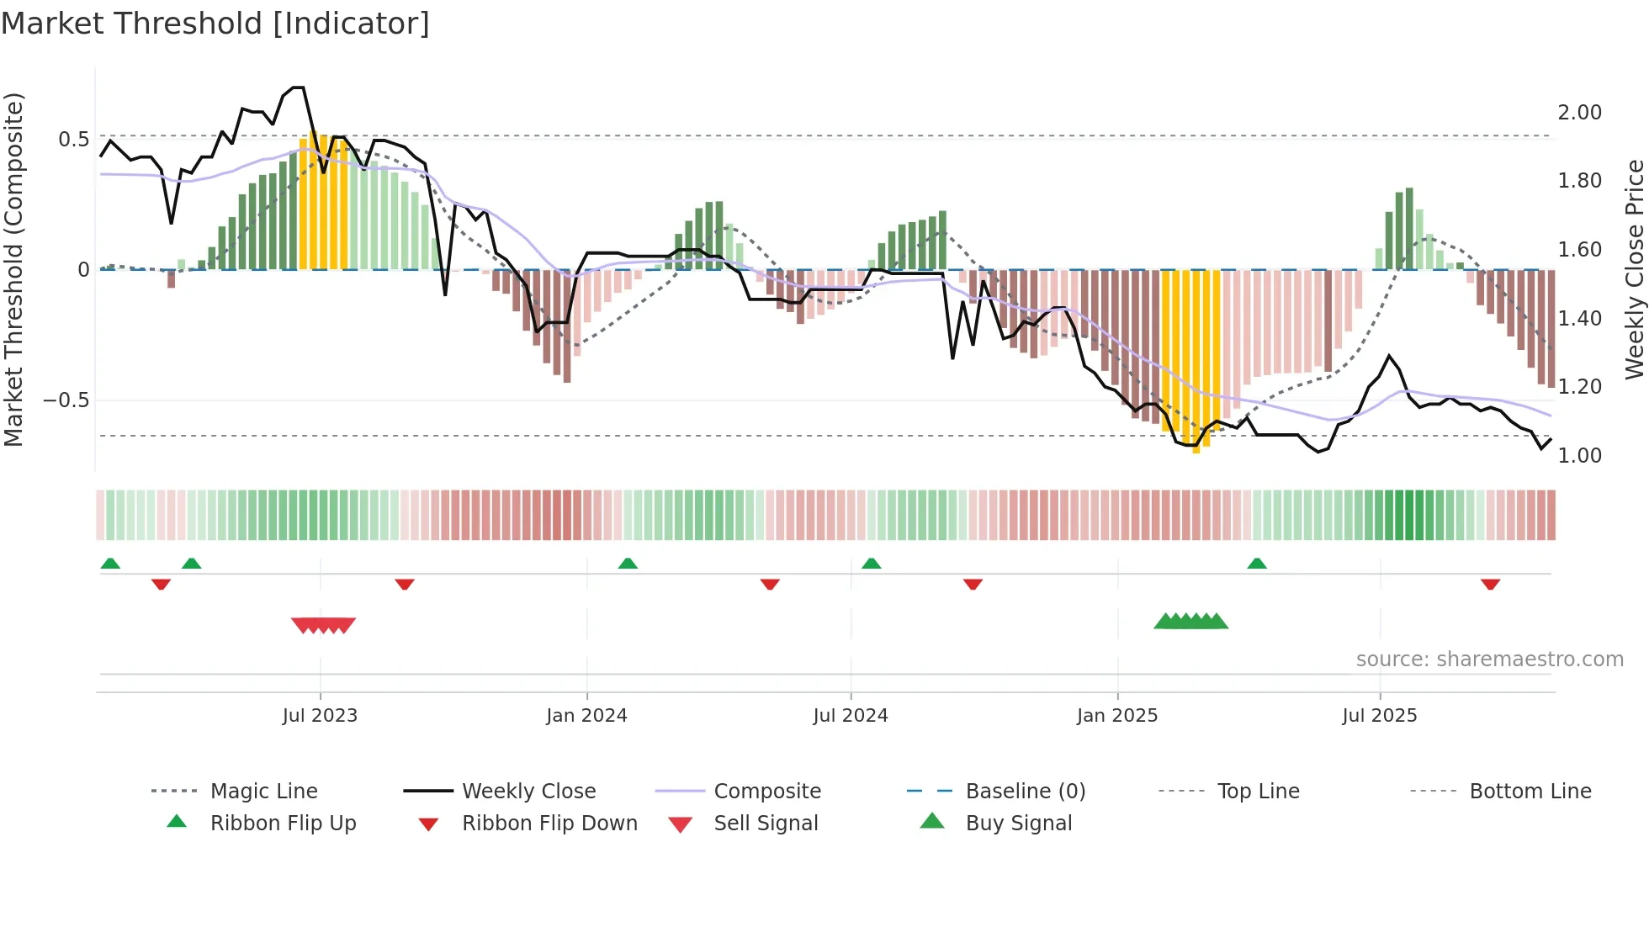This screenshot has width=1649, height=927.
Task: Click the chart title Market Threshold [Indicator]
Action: click(x=215, y=24)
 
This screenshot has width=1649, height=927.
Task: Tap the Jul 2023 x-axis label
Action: click(x=320, y=716)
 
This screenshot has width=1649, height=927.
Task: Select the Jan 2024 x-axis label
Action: click(x=586, y=716)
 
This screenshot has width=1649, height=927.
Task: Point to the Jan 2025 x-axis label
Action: click(x=1117, y=716)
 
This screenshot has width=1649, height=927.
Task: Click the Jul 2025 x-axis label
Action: click(x=1380, y=716)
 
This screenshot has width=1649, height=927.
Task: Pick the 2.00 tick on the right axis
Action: click(x=1579, y=113)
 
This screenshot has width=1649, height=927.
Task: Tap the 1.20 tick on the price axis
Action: click(x=1579, y=387)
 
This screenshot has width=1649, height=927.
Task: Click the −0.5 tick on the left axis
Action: click(x=66, y=400)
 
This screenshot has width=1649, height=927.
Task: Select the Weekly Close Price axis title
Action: click(x=1634, y=269)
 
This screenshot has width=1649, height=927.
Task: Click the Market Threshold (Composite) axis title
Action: click(x=13, y=269)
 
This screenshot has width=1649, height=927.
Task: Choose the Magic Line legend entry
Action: click(x=263, y=792)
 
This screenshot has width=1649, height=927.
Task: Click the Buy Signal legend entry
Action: click(x=1018, y=824)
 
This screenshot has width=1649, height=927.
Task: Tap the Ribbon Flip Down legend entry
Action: click(x=549, y=824)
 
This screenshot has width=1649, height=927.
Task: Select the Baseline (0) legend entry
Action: click(x=1025, y=792)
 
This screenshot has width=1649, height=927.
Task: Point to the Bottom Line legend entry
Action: click(x=1530, y=792)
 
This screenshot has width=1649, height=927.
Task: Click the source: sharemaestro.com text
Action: click(x=1489, y=659)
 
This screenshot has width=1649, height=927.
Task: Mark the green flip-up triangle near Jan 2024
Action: click(x=628, y=564)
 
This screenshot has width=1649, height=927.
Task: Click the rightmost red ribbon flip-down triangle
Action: click(x=1490, y=584)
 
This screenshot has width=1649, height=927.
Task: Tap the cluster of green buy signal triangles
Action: click(x=1190, y=622)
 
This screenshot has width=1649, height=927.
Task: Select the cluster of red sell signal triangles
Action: click(x=323, y=625)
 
